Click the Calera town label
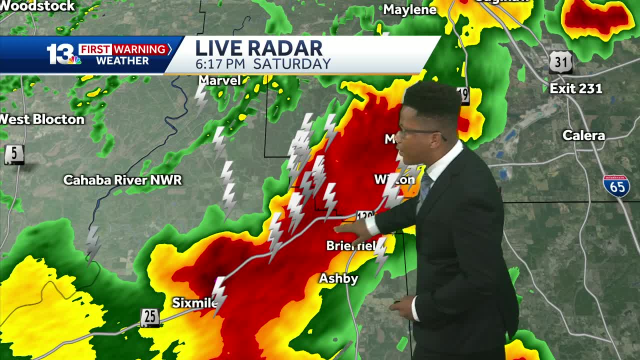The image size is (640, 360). tap(583, 135)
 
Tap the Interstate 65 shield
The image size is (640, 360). tap(616, 186)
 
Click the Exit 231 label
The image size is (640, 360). tap(576, 89)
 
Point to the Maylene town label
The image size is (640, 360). tap(409, 9)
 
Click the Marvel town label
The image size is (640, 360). tap(220, 80)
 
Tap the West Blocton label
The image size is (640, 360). tap(42, 119)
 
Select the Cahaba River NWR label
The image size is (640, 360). tap(122, 180)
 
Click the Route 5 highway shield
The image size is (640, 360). tap(14, 155)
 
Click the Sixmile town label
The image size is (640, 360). tap(194, 303)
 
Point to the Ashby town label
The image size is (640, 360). tap(338, 278)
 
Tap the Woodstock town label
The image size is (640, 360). tap(37, 6)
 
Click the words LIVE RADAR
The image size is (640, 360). tap(258, 48)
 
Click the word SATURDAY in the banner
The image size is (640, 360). tap(292, 64)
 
